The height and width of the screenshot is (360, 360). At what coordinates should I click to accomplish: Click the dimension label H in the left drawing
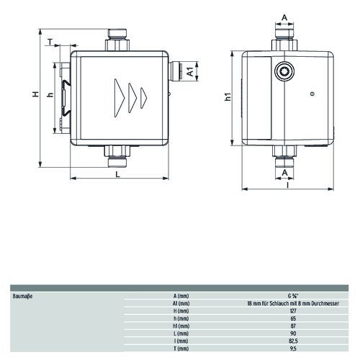pyautogui.click(x=36, y=94)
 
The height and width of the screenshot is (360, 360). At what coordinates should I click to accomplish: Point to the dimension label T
pyautogui.click(x=50, y=42)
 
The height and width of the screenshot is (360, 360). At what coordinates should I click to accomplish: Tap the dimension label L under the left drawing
pyautogui.click(x=117, y=174)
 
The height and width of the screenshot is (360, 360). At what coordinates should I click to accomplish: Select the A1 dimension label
pyautogui.click(x=190, y=71)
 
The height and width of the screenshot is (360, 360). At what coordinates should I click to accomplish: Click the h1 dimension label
pyautogui.click(x=228, y=96)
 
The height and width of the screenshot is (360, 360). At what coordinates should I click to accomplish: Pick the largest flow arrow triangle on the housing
pyautogui.click(x=120, y=98)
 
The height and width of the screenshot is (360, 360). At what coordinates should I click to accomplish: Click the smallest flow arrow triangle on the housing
pyautogui.click(x=144, y=97)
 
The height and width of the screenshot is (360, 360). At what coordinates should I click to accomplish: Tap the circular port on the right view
pyautogui.click(x=284, y=71)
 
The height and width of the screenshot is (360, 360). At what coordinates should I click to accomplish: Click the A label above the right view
pyautogui.click(x=284, y=17)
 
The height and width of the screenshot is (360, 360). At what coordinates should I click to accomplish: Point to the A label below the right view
pyautogui.click(x=284, y=173)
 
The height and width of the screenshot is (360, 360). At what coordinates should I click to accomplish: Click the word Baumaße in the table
pyautogui.click(x=22, y=296)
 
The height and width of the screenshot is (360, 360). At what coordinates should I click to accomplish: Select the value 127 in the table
pyautogui.click(x=293, y=311)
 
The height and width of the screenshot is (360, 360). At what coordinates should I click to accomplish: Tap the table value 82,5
pyautogui.click(x=293, y=341)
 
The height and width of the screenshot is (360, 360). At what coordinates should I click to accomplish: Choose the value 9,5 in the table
pyautogui.click(x=293, y=348)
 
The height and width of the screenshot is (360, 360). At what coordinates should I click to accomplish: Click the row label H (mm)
pyautogui.click(x=181, y=311)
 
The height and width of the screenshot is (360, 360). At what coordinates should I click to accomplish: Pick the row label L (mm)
pyautogui.click(x=181, y=333)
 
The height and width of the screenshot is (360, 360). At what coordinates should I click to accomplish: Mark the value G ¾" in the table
pyautogui.click(x=293, y=296)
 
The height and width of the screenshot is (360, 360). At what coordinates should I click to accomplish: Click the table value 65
pyautogui.click(x=293, y=318)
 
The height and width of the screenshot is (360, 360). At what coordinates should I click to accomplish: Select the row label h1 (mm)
pyautogui.click(x=181, y=326)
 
